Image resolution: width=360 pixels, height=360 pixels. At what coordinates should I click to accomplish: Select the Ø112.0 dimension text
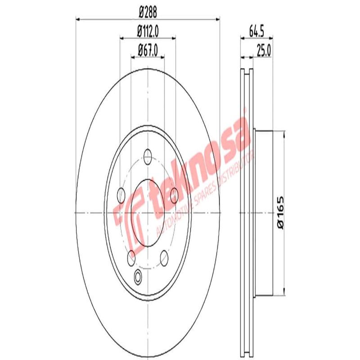[149, 32]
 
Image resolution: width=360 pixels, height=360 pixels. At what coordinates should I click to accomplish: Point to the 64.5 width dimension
[256, 32]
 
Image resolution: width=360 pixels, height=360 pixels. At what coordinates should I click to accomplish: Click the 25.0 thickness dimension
[263, 50]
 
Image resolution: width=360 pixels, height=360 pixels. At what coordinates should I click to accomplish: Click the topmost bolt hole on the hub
[148, 156]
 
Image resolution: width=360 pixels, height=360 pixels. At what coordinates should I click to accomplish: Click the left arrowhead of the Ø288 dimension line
[77, 19]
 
